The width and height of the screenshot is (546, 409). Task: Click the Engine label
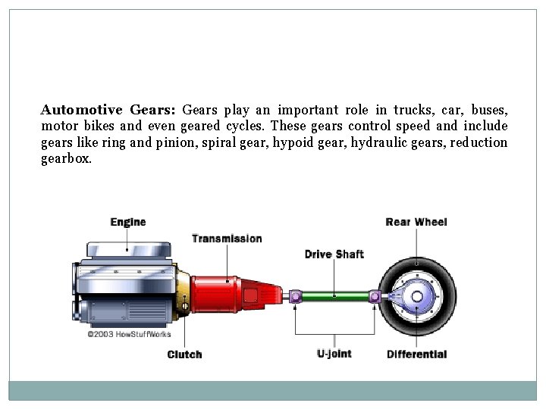click(127, 222)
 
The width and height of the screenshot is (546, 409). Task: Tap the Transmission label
click(227, 239)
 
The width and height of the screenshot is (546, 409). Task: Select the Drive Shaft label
click(334, 254)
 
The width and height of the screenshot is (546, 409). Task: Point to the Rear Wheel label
click(416, 222)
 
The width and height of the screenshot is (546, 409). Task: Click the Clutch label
click(184, 354)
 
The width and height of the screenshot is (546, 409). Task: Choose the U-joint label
click(334, 354)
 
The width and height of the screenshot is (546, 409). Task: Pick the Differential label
click(416, 354)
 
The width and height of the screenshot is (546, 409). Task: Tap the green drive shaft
click(334, 297)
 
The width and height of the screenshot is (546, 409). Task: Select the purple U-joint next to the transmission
click(296, 297)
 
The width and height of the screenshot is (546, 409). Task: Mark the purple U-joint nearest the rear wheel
click(375, 297)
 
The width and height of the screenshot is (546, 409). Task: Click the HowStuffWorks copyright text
click(129, 333)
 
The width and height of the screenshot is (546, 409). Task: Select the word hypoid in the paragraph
click(292, 143)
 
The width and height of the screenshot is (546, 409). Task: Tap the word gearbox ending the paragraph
click(66, 160)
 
